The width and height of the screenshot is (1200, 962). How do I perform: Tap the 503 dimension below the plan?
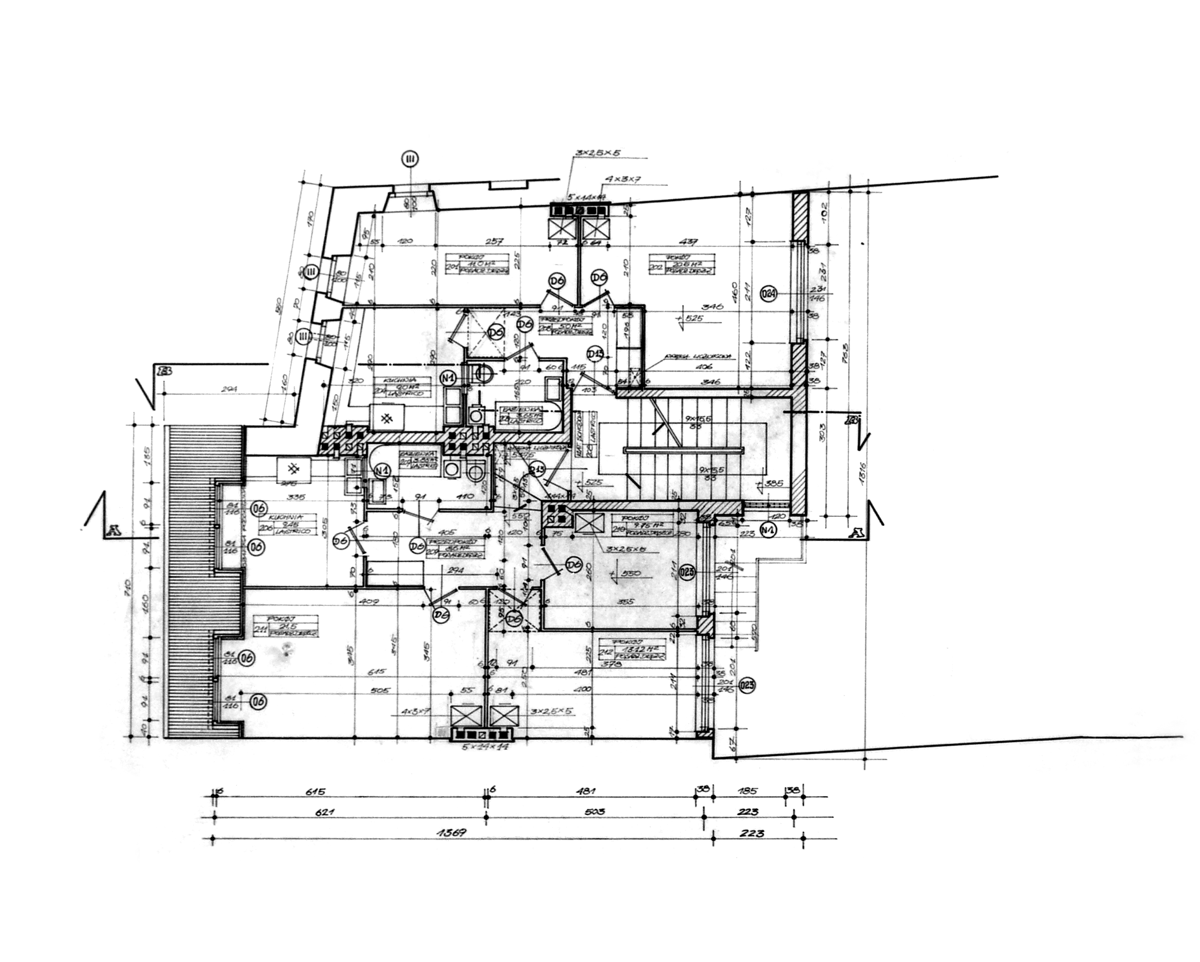[595, 812]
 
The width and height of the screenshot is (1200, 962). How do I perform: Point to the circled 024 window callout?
[768, 294]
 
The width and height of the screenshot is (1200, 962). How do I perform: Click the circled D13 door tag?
[595, 354]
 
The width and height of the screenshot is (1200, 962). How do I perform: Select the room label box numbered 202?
[682, 264]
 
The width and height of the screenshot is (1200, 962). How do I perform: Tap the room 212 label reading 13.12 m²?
[632, 649]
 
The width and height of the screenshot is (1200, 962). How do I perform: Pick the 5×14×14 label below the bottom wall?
[485, 747]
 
